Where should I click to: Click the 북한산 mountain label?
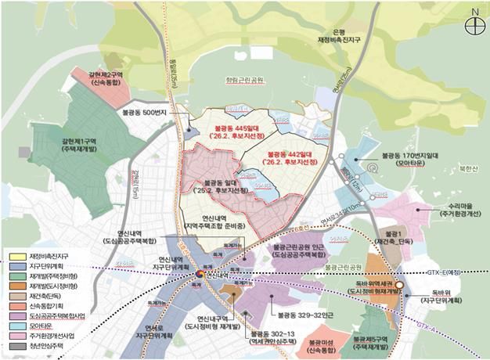point(469,167)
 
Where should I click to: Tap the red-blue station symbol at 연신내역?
point(200,275)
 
